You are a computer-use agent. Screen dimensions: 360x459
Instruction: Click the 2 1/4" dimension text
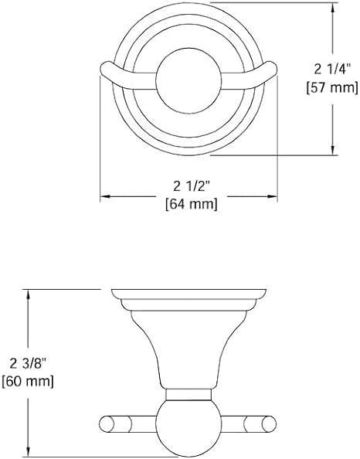332,70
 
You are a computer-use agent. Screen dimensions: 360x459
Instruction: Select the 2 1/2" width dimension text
192,186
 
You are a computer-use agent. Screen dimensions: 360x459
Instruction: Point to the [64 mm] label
192,204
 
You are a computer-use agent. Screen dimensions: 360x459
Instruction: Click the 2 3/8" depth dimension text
29,364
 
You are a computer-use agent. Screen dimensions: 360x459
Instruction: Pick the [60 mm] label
28,382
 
